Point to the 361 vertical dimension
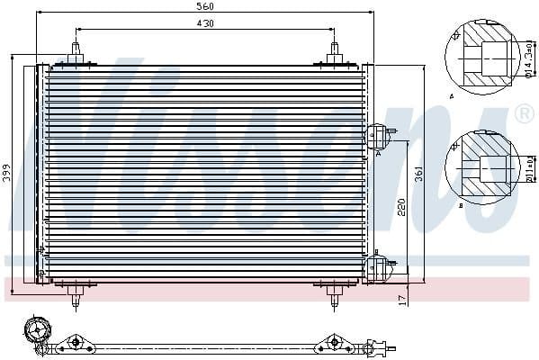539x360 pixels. [418, 175]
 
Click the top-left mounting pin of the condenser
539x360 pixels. [76, 54]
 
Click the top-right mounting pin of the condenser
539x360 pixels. [332, 54]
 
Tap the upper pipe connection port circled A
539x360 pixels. [378, 137]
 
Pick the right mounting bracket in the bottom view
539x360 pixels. [332, 342]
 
